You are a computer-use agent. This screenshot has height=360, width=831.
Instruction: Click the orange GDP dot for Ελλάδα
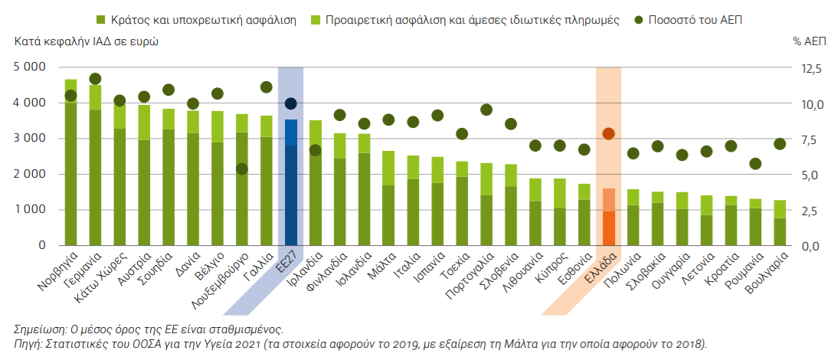coord(609,133)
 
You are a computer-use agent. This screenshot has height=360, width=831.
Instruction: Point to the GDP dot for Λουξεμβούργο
coord(242,169)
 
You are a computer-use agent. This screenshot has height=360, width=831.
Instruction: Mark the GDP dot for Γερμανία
coord(95,79)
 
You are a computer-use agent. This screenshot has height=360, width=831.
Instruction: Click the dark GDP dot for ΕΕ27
coord(291,103)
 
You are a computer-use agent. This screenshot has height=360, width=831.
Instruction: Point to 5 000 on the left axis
coord(30,67)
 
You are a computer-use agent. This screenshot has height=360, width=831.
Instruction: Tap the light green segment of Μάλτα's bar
coord(389,168)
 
